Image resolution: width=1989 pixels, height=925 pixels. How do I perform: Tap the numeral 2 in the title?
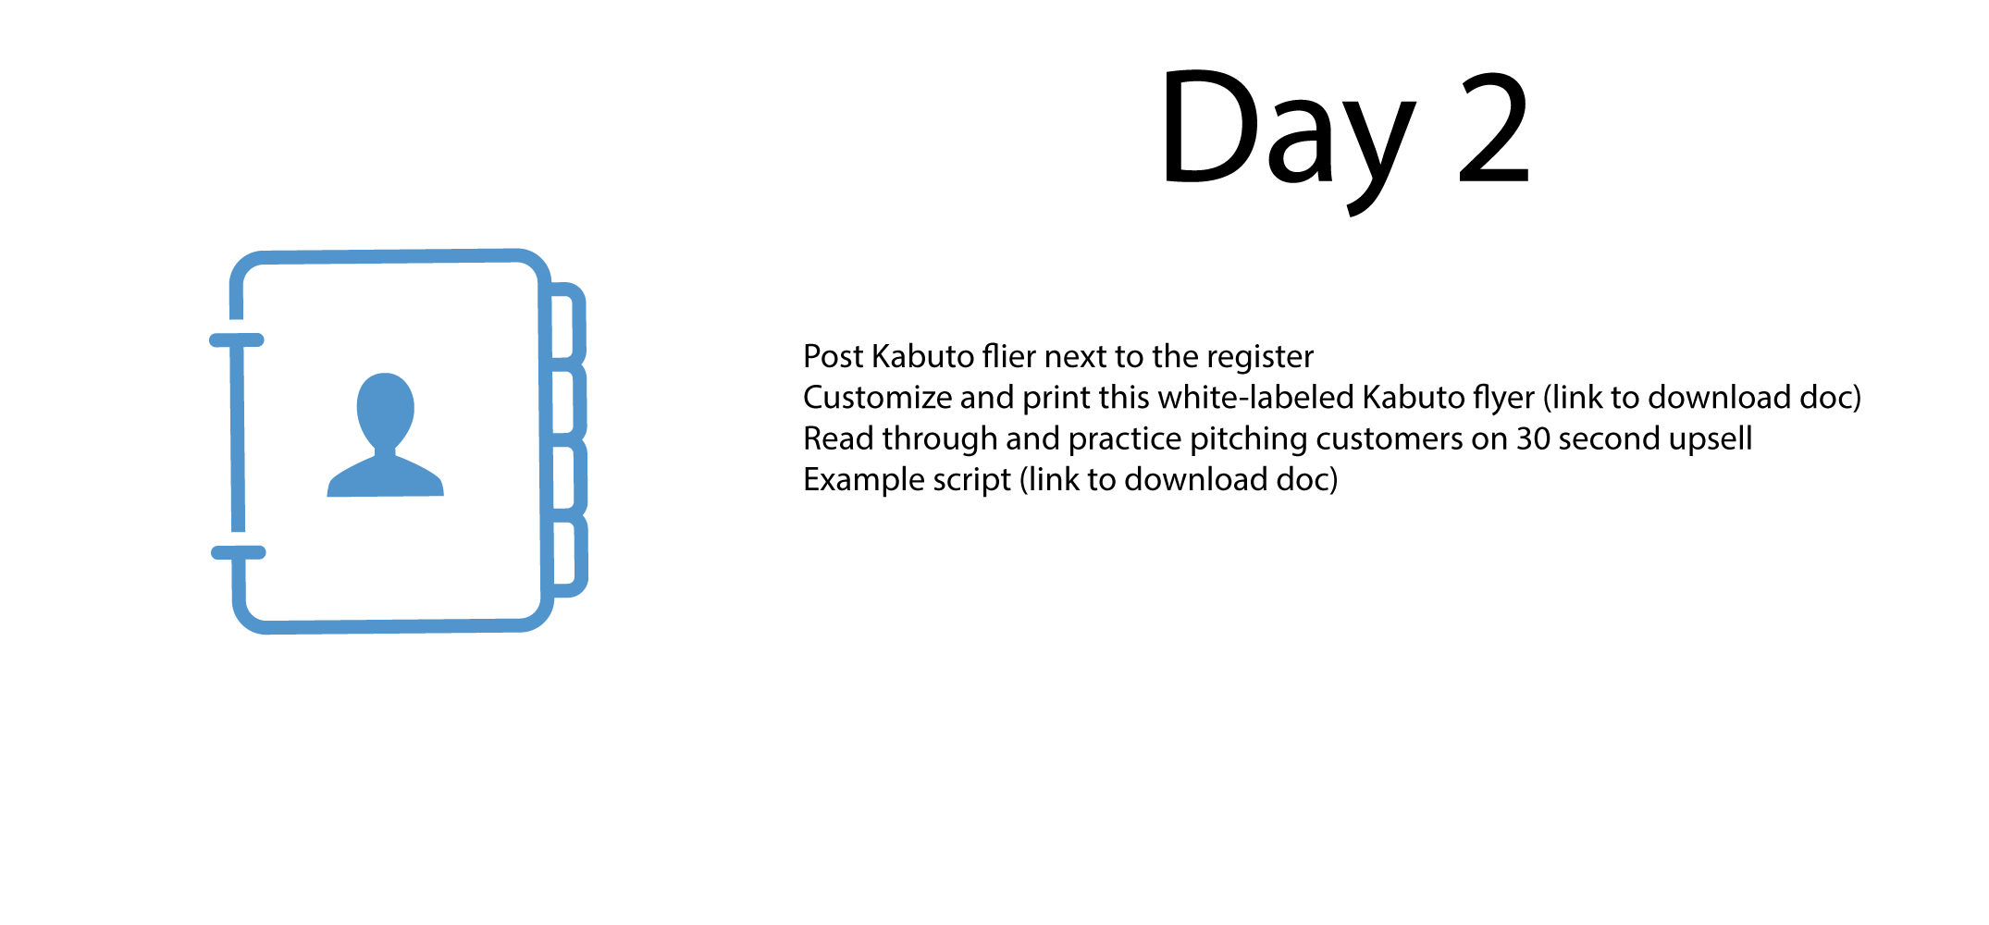click(x=1493, y=127)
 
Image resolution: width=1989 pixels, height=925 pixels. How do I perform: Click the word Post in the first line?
click(x=833, y=356)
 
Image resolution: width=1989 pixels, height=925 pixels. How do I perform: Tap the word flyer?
click(x=1504, y=399)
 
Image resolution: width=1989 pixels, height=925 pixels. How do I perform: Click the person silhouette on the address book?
click(x=385, y=435)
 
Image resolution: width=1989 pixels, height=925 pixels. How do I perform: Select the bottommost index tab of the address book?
click(x=571, y=556)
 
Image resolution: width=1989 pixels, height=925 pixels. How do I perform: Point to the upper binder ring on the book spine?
click(x=237, y=340)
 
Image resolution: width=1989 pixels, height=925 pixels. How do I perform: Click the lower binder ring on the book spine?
click(x=239, y=553)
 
